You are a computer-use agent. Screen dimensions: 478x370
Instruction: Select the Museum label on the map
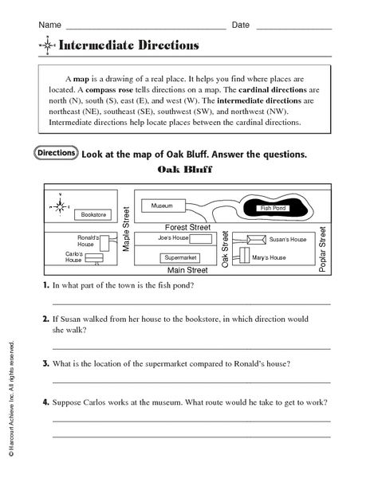[162, 206]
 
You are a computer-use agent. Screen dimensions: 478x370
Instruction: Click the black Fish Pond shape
[274, 208]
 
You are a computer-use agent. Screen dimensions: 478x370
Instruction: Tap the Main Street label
[182, 271]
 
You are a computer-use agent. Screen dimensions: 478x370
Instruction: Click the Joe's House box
[172, 238]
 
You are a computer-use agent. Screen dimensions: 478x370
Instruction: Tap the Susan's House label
[288, 239]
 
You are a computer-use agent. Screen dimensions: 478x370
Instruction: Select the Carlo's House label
[74, 257]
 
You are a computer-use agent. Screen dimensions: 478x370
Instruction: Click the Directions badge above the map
[57, 152]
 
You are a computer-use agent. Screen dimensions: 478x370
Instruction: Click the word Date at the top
[241, 25]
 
